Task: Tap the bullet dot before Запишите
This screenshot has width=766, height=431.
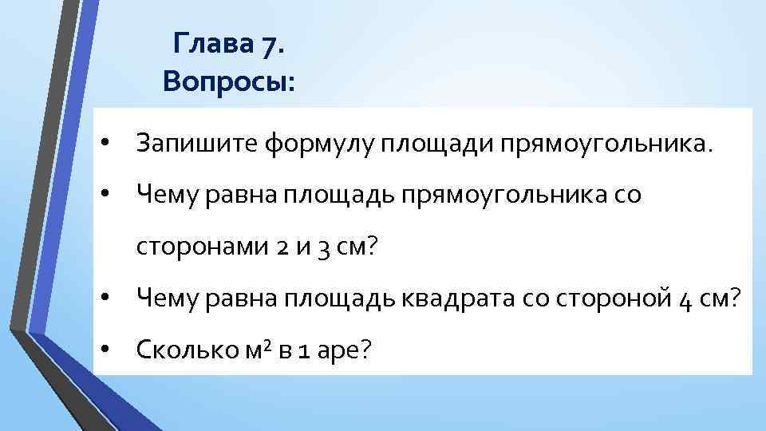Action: pos(104,144)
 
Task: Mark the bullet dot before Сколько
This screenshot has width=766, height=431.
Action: pos(104,349)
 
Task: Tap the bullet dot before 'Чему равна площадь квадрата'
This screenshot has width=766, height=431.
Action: pos(104,298)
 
